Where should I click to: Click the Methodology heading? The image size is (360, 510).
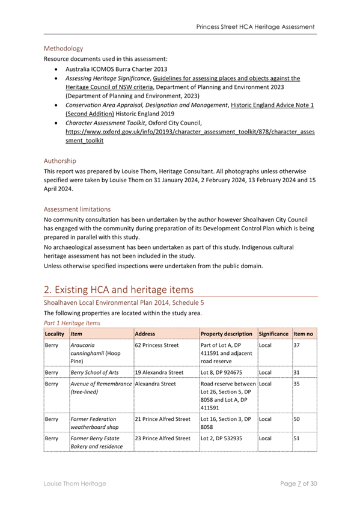pos(63,48)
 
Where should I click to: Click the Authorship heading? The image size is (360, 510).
pos(61,161)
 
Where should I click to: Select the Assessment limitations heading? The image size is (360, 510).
pos(77,209)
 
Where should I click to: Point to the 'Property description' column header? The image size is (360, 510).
pos(226,333)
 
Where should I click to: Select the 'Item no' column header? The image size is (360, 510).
pos(304,333)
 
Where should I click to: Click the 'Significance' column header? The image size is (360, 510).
pos(273,333)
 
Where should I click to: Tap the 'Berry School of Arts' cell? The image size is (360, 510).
pos(94,373)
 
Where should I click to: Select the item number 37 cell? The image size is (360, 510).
pos(296,346)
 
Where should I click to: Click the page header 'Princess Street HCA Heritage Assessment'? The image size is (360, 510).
pos(255,27)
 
